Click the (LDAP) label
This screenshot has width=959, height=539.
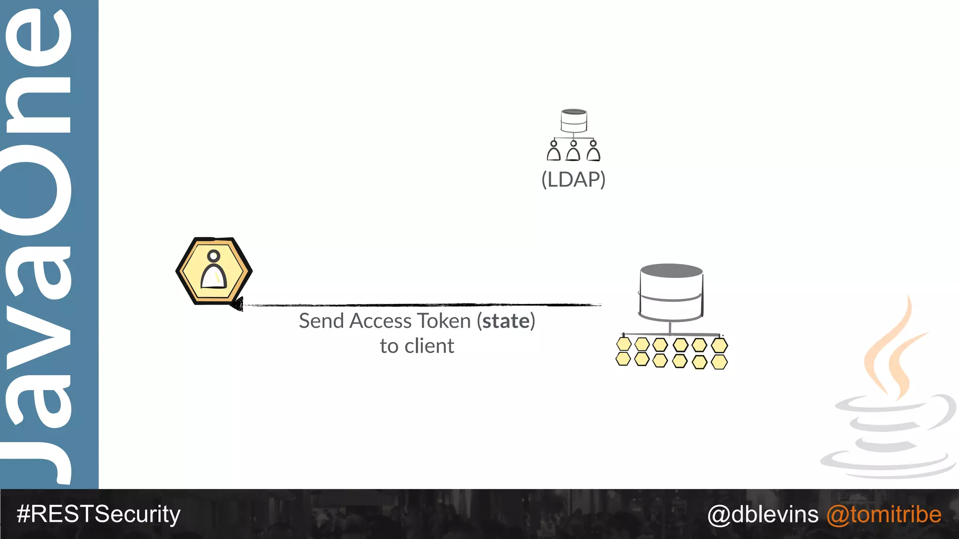573,180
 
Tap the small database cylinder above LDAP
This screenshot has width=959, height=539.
574,121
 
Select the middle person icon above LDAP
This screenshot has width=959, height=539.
573,151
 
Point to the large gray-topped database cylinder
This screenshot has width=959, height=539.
671,292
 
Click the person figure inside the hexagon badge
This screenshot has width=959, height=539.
214,271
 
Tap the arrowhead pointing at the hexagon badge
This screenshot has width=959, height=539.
237,304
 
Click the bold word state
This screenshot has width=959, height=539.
506,321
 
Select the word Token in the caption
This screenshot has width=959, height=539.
444,321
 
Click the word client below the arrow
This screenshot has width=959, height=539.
429,346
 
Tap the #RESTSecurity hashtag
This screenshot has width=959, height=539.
98,514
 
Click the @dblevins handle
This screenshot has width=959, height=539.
763,515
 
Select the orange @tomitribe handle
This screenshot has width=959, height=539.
884,515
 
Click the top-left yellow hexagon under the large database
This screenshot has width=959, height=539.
624,344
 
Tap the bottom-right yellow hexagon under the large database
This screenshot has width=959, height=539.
719,362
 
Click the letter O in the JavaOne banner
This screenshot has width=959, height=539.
37,189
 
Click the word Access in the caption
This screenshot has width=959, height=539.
380,321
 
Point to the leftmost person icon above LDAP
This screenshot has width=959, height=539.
553,151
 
